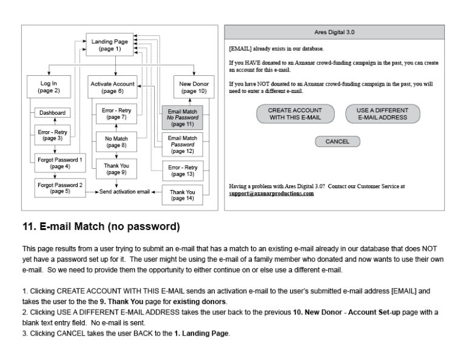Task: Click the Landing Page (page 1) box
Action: pos(110,44)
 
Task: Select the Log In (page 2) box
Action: pos(49,87)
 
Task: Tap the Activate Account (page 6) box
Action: pos(112,87)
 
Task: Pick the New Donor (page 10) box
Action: pos(194,87)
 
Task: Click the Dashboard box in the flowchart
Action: pos(52,113)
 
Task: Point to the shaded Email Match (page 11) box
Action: pos(182,117)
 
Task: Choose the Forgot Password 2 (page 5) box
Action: pos(60,188)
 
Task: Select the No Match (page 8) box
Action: pos(116,142)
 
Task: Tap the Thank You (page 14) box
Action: pos(182,195)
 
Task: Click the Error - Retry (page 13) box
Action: pos(183,171)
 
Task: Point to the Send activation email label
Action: pos(124,192)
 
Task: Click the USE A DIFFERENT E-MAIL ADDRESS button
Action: pos(382,114)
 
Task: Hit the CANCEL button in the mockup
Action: pos(337,141)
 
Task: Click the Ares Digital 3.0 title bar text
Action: pos(334,32)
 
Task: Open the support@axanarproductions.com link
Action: pos(271,194)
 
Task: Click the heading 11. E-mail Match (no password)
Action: pos(101,226)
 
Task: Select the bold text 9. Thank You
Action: pos(121,302)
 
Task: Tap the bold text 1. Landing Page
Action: pos(201,333)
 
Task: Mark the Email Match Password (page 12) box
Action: pos(182,144)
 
